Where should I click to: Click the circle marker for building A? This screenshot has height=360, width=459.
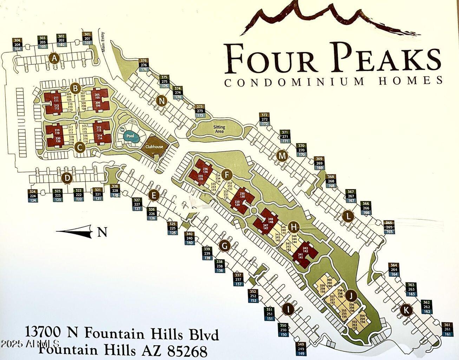pos(54,58)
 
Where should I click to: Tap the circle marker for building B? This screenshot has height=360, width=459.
pos(75,88)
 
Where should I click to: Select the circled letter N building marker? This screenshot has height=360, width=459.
pos(162,101)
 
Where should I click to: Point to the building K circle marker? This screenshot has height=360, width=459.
pos(406,310)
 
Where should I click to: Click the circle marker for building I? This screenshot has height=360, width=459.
pos(288,309)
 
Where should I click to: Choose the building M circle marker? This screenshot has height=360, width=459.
pos(282,155)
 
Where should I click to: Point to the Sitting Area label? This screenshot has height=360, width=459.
pos(219,129)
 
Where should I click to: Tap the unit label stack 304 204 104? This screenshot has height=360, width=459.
pos(18,44)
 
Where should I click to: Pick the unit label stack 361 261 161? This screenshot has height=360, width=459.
pos(447,329)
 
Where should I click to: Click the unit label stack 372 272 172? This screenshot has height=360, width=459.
pos(264,120)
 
